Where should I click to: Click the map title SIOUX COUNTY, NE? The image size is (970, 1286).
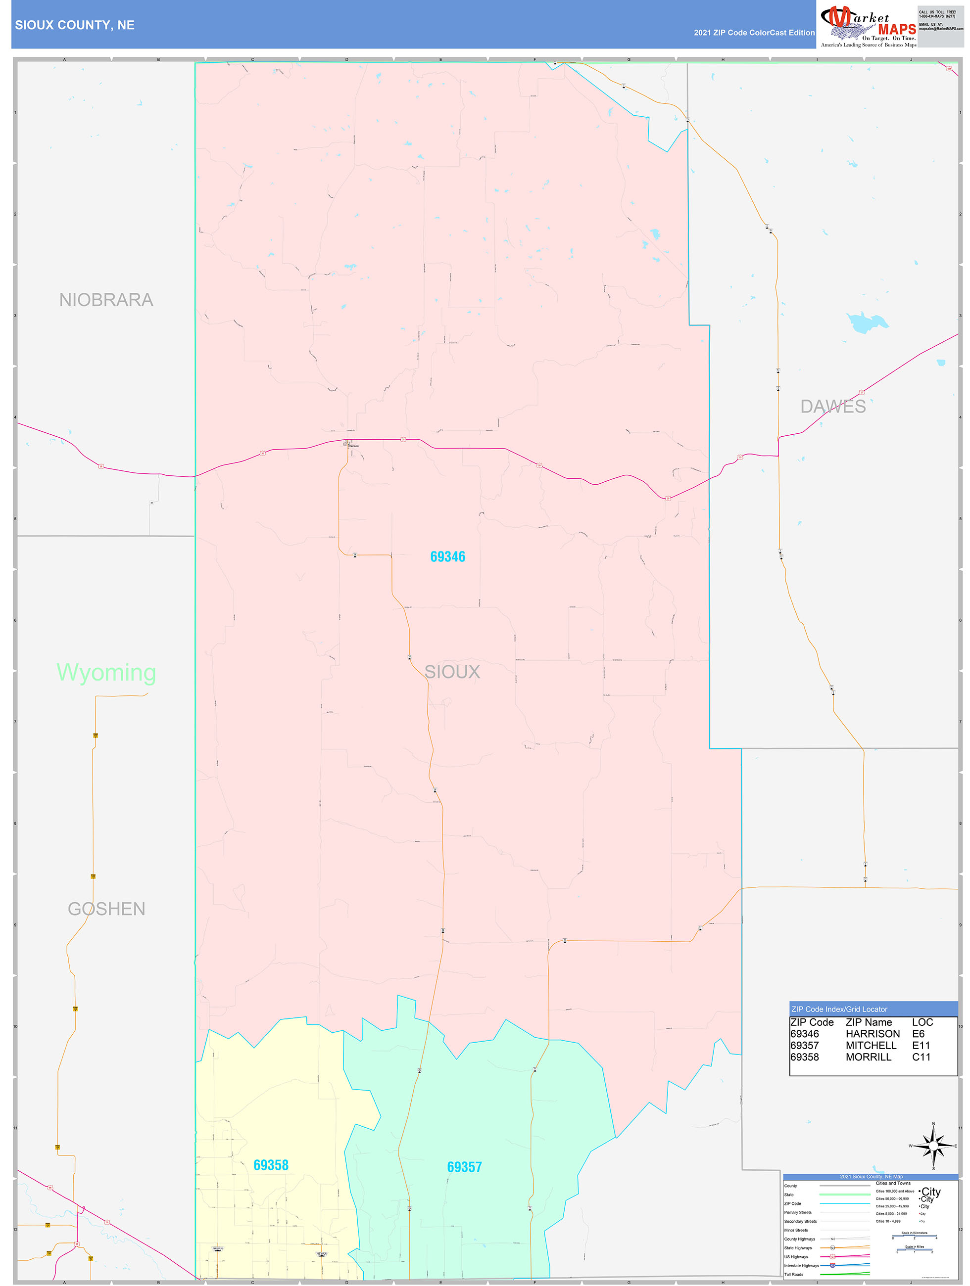(x=74, y=25)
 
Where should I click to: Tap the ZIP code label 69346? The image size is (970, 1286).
(x=447, y=556)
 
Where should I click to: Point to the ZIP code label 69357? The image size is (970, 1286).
(x=464, y=1167)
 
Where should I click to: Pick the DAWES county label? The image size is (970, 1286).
(x=833, y=407)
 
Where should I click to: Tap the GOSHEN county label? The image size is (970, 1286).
(x=106, y=909)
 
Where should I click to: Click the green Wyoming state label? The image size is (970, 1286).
(x=106, y=672)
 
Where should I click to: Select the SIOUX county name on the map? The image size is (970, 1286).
(x=452, y=672)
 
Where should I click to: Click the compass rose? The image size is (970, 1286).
(x=933, y=1146)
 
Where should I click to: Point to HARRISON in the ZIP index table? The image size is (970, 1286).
(x=873, y=1034)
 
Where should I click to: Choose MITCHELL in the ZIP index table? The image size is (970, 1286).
(x=871, y=1045)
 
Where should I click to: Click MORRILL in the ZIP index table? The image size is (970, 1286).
(x=868, y=1057)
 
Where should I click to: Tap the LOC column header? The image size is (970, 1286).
(x=922, y=1022)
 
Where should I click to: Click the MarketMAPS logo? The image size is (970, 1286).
(x=868, y=26)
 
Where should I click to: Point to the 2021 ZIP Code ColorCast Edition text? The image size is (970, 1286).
(x=754, y=33)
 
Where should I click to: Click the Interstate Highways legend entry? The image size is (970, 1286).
(x=801, y=1265)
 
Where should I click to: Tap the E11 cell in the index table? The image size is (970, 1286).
(x=921, y=1045)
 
